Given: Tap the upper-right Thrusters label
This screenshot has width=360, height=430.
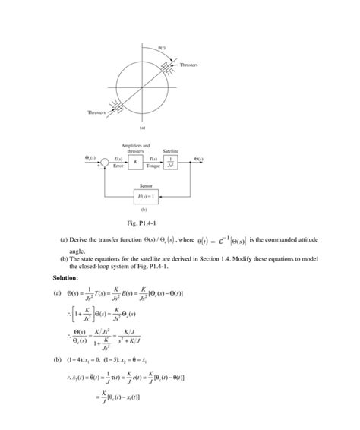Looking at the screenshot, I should click(x=188, y=65).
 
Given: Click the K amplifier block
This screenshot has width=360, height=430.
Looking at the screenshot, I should click(x=135, y=161).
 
